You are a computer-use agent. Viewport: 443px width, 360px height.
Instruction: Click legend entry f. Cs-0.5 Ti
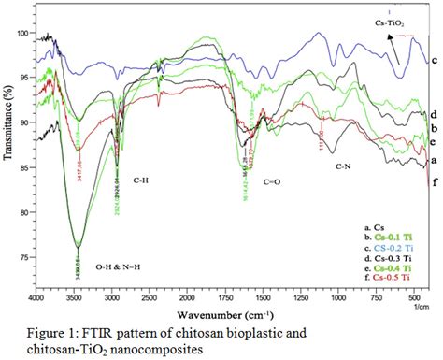384,277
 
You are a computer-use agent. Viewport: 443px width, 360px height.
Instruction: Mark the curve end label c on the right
436,59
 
